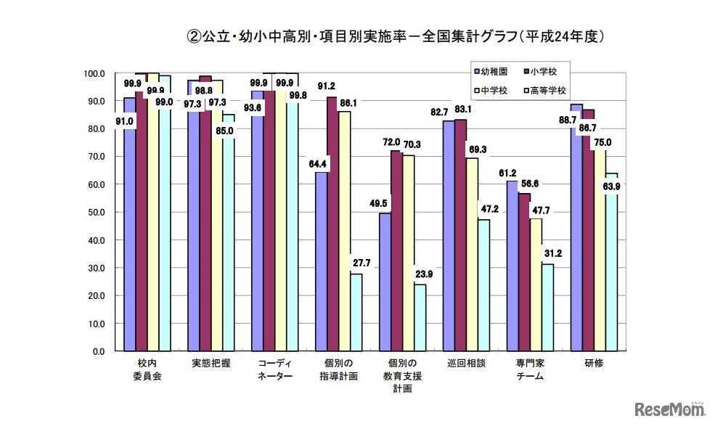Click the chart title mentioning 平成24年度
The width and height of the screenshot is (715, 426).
395,36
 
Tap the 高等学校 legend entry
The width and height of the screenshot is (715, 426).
545,91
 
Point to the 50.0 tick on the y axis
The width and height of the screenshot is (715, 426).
97,213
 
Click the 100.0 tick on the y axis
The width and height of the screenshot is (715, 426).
95,73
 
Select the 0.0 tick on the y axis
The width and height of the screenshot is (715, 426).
99,351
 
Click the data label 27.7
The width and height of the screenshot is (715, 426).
359,263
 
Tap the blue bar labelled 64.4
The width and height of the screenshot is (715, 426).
321,261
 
